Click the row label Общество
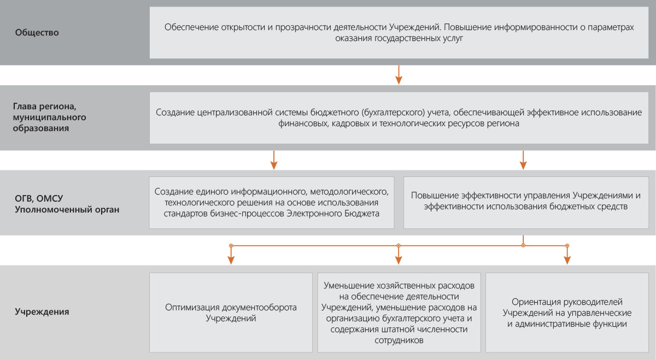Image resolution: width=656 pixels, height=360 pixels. click(x=37, y=32)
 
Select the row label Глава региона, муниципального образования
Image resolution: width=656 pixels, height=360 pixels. click(x=50, y=117)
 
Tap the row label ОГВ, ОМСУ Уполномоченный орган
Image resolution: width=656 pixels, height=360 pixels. click(x=67, y=204)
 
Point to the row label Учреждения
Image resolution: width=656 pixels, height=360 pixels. click(x=42, y=312)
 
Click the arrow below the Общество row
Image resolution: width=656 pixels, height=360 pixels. click(x=399, y=75)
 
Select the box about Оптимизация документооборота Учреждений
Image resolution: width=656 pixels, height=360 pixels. click(x=231, y=312)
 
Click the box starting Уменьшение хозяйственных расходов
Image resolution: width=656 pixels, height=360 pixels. click(x=399, y=312)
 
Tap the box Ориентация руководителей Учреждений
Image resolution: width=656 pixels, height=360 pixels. click(x=567, y=312)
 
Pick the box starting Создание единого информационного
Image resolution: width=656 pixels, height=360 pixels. click(x=272, y=203)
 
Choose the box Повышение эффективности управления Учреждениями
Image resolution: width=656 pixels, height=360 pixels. click(x=526, y=203)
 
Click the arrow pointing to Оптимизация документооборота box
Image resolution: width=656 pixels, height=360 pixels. click(x=231, y=255)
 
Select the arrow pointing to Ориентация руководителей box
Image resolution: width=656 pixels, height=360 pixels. click(x=567, y=255)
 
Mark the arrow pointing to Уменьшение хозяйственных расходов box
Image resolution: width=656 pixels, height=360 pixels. click(x=399, y=255)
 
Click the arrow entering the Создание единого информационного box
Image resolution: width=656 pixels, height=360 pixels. click(x=274, y=160)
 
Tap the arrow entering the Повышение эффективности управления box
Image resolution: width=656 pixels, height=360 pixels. click(x=523, y=160)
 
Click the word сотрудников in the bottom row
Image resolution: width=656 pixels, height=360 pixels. click(x=399, y=340)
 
